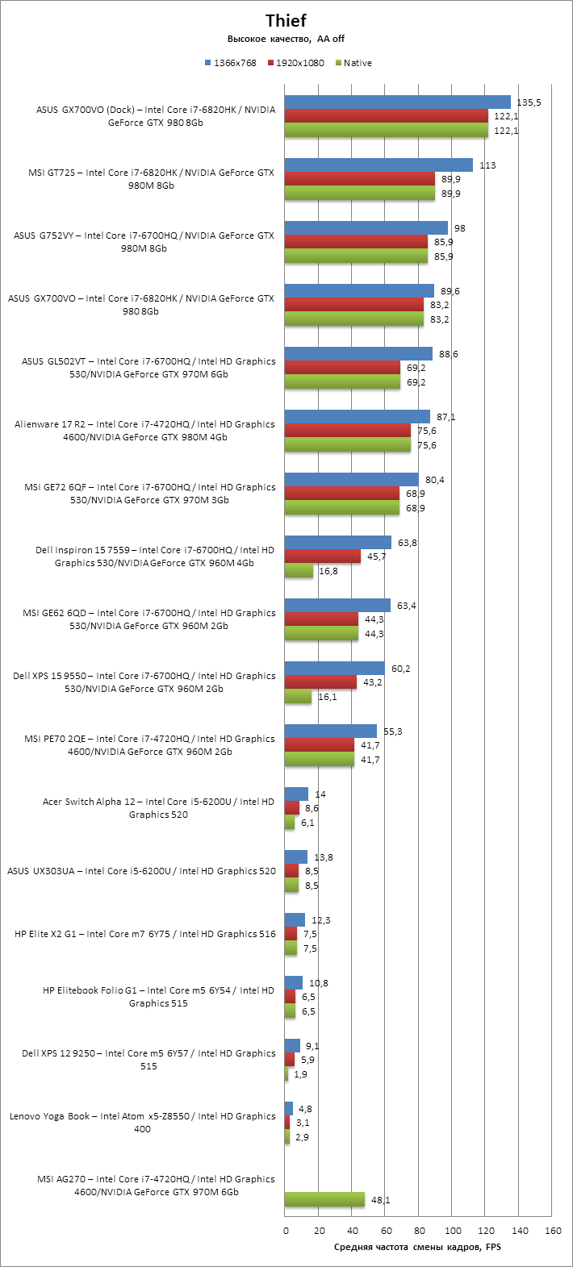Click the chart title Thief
[x=286, y=21]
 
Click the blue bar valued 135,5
[x=398, y=102]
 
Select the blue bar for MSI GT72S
[x=379, y=165]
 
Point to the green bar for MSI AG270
[x=324, y=1199]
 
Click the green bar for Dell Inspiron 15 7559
[x=299, y=570]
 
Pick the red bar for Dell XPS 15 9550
[x=320, y=682]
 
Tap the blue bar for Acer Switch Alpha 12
[x=296, y=794]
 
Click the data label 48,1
[x=380, y=1200]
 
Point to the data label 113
[x=487, y=165]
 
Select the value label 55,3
[x=393, y=731]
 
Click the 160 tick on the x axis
[x=552, y=1231]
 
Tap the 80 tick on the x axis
[x=419, y=1231]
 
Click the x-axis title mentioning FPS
[x=418, y=1248]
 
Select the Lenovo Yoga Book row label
[x=143, y=1123]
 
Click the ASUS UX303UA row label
[x=141, y=871]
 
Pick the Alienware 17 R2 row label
[x=144, y=431]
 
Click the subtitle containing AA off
[x=286, y=39]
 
